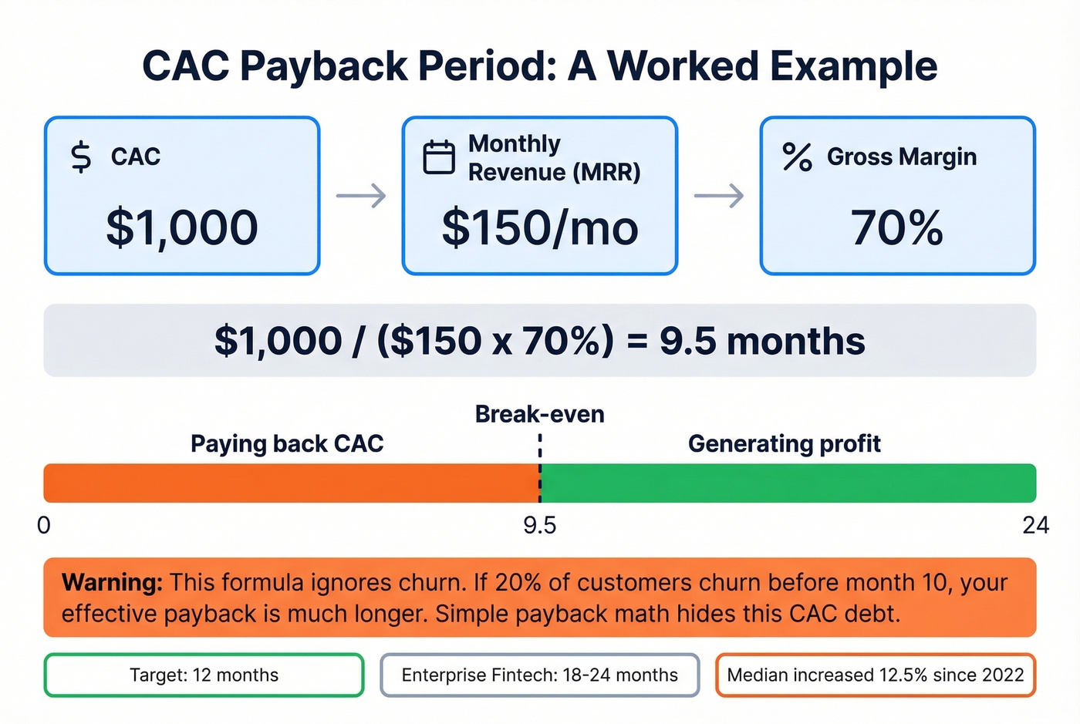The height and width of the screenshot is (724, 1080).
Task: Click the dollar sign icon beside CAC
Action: tap(81, 157)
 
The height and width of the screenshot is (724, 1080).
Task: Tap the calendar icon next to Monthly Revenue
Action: tap(439, 157)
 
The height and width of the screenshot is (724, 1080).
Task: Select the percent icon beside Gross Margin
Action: tap(797, 157)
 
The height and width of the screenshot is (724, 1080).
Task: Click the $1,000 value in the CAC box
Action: tap(182, 227)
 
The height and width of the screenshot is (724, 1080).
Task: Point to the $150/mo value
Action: tap(540, 227)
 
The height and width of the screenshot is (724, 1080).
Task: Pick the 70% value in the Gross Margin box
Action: tap(897, 227)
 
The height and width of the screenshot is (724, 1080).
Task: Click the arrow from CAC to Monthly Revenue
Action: tap(361, 196)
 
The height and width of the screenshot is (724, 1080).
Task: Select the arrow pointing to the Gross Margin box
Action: tap(719, 196)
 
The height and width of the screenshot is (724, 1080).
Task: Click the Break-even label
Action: tap(540, 414)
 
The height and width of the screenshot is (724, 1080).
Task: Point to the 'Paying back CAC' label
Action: tap(287, 444)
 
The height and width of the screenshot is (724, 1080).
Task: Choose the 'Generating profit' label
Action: tap(785, 444)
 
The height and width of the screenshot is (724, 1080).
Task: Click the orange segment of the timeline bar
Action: tap(291, 483)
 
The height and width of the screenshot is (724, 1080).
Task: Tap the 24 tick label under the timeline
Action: tap(1035, 525)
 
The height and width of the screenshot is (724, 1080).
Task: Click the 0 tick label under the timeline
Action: tap(44, 525)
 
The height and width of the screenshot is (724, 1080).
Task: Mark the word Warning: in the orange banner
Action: tap(113, 582)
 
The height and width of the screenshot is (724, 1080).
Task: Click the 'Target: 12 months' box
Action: tap(204, 675)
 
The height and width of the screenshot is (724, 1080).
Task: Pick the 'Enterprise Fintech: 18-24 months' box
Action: tap(540, 675)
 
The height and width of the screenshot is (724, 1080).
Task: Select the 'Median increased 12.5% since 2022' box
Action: tap(876, 675)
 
